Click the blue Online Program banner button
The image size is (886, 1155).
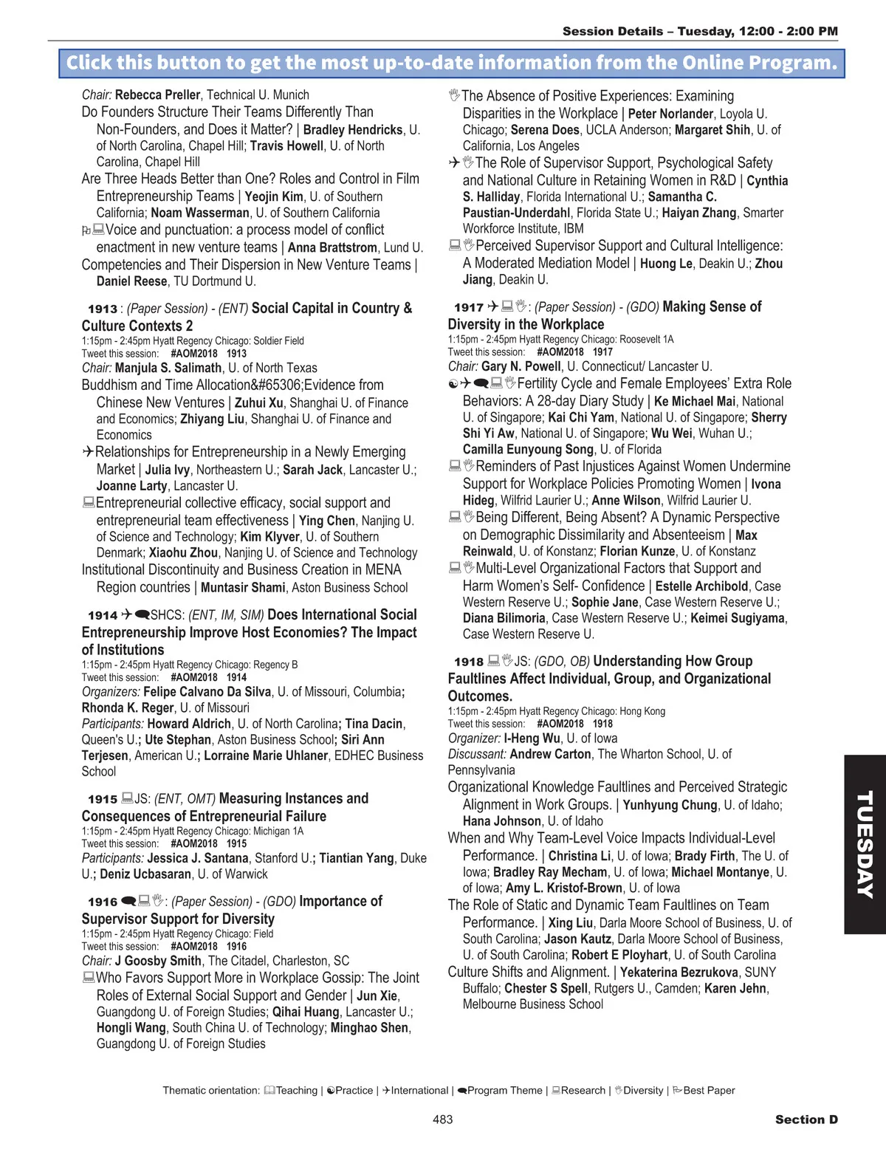tap(452, 64)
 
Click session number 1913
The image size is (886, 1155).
tap(103, 309)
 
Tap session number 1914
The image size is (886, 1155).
tap(103, 616)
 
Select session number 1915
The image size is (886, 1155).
tap(103, 800)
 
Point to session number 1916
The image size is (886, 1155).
tap(103, 902)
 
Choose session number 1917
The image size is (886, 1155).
tap(469, 308)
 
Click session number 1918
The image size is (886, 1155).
tap(469, 662)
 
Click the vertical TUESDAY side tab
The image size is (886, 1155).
tap(865, 844)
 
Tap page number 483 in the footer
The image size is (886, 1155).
tap(443, 1120)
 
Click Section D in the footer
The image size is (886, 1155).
tap(806, 1120)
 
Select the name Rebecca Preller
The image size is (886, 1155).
tap(157, 95)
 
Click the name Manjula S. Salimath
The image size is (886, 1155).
tap(168, 368)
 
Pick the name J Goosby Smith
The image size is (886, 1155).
tap(158, 961)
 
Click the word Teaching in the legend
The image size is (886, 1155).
tap(296, 1091)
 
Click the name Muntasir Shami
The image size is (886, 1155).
tap(243, 588)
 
